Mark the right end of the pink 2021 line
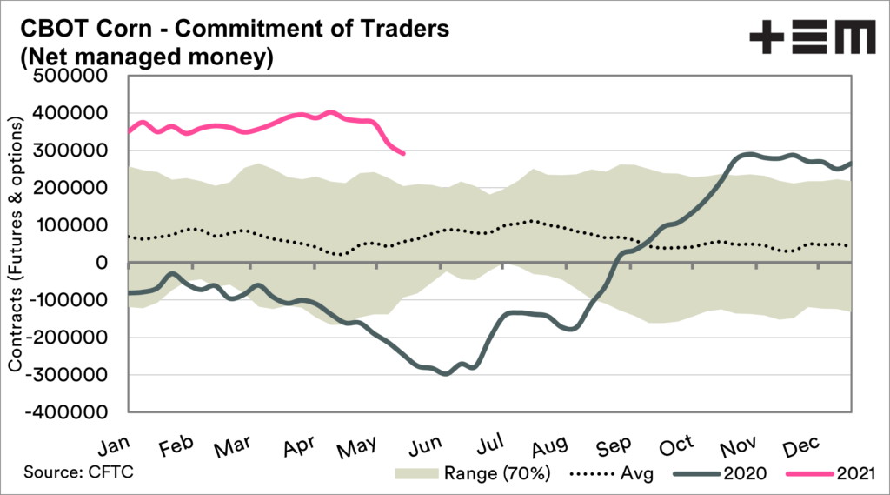click(x=404, y=153)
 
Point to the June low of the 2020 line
click(x=447, y=373)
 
